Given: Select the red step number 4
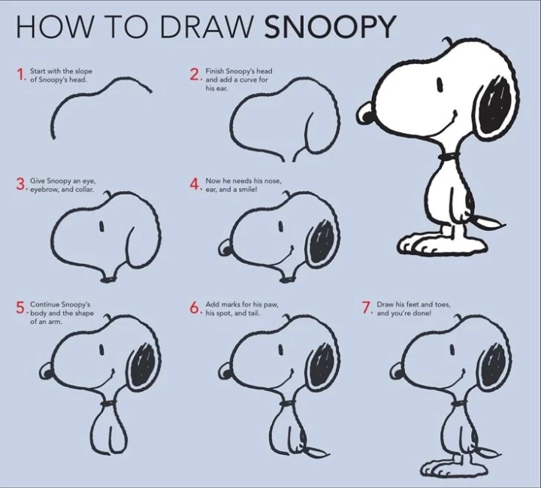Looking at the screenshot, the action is [x=195, y=184].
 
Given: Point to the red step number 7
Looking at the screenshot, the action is [x=366, y=308].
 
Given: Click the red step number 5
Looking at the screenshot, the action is [x=21, y=308].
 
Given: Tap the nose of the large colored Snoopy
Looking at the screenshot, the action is [x=364, y=114].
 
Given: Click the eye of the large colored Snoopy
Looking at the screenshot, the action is [x=440, y=84].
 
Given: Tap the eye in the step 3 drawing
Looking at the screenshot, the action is [x=101, y=226].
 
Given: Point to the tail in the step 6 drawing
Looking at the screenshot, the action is [x=314, y=451].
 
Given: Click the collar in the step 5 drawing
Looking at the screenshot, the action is [x=110, y=403].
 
